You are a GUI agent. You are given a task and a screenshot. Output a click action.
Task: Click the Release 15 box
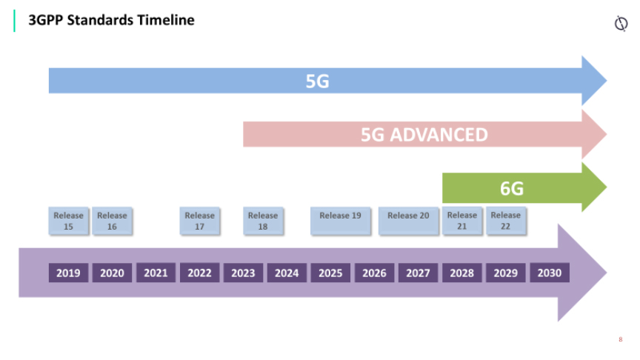pos(69,221)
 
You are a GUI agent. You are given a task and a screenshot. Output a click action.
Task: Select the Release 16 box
pos(113,221)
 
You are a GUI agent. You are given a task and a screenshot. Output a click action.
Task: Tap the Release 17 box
pos(199,221)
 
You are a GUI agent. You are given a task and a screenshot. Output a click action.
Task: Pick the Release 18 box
pos(263,221)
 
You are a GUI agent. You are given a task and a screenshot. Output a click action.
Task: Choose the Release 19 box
pos(341,221)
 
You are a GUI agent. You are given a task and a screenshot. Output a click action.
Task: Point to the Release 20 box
pos(409,221)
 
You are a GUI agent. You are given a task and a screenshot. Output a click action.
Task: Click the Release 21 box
pos(462,221)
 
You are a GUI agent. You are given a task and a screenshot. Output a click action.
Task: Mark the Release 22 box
pos(506,221)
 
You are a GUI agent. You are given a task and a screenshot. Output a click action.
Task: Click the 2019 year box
pos(69,273)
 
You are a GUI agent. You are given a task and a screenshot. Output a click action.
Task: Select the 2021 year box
pos(156,273)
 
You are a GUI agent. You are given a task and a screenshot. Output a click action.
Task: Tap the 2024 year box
pos(287,273)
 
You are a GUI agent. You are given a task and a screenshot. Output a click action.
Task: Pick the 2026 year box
pos(374,273)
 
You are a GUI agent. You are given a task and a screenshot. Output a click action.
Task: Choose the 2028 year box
pos(462,273)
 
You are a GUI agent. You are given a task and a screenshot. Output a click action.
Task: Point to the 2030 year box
pos(550,273)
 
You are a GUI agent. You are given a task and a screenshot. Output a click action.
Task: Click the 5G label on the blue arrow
pos(318,81)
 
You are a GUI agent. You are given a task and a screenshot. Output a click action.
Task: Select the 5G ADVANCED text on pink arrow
pos(424,135)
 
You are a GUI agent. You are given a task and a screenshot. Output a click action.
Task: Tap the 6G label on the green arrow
pos(512,189)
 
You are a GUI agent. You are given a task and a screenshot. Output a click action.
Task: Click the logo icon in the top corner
pos(621,23)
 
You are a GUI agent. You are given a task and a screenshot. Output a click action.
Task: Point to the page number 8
pos(621,339)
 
